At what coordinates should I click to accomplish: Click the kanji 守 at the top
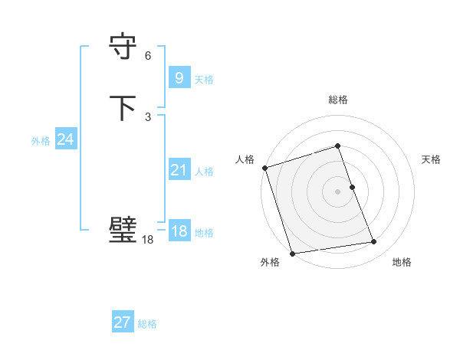tap(123, 47)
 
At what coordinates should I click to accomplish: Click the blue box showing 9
tap(178, 78)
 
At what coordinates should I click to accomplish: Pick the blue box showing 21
tap(179, 170)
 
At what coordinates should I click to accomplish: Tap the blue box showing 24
tap(66, 139)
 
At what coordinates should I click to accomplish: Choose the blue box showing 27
tap(123, 322)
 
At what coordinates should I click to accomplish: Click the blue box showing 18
tap(179, 231)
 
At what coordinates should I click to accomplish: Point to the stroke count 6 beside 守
tap(148, 56)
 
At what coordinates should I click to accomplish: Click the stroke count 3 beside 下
tap(148, 117)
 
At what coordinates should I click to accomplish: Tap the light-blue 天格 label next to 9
tap(204, 80)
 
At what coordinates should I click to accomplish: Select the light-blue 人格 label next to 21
tap(204, 172)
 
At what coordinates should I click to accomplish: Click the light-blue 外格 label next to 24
tap(41, 141)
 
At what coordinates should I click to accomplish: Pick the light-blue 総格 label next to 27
tap(147, 324)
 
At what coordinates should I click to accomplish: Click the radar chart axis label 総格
tap(338, 100)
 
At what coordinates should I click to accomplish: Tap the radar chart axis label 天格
tap(431, 159)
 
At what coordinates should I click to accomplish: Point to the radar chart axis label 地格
tap(402, 263)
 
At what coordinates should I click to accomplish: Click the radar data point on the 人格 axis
tap(264, 168)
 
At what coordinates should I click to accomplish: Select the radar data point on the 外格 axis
tap(292, 253)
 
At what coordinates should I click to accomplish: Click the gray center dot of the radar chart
tap(338, 191)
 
